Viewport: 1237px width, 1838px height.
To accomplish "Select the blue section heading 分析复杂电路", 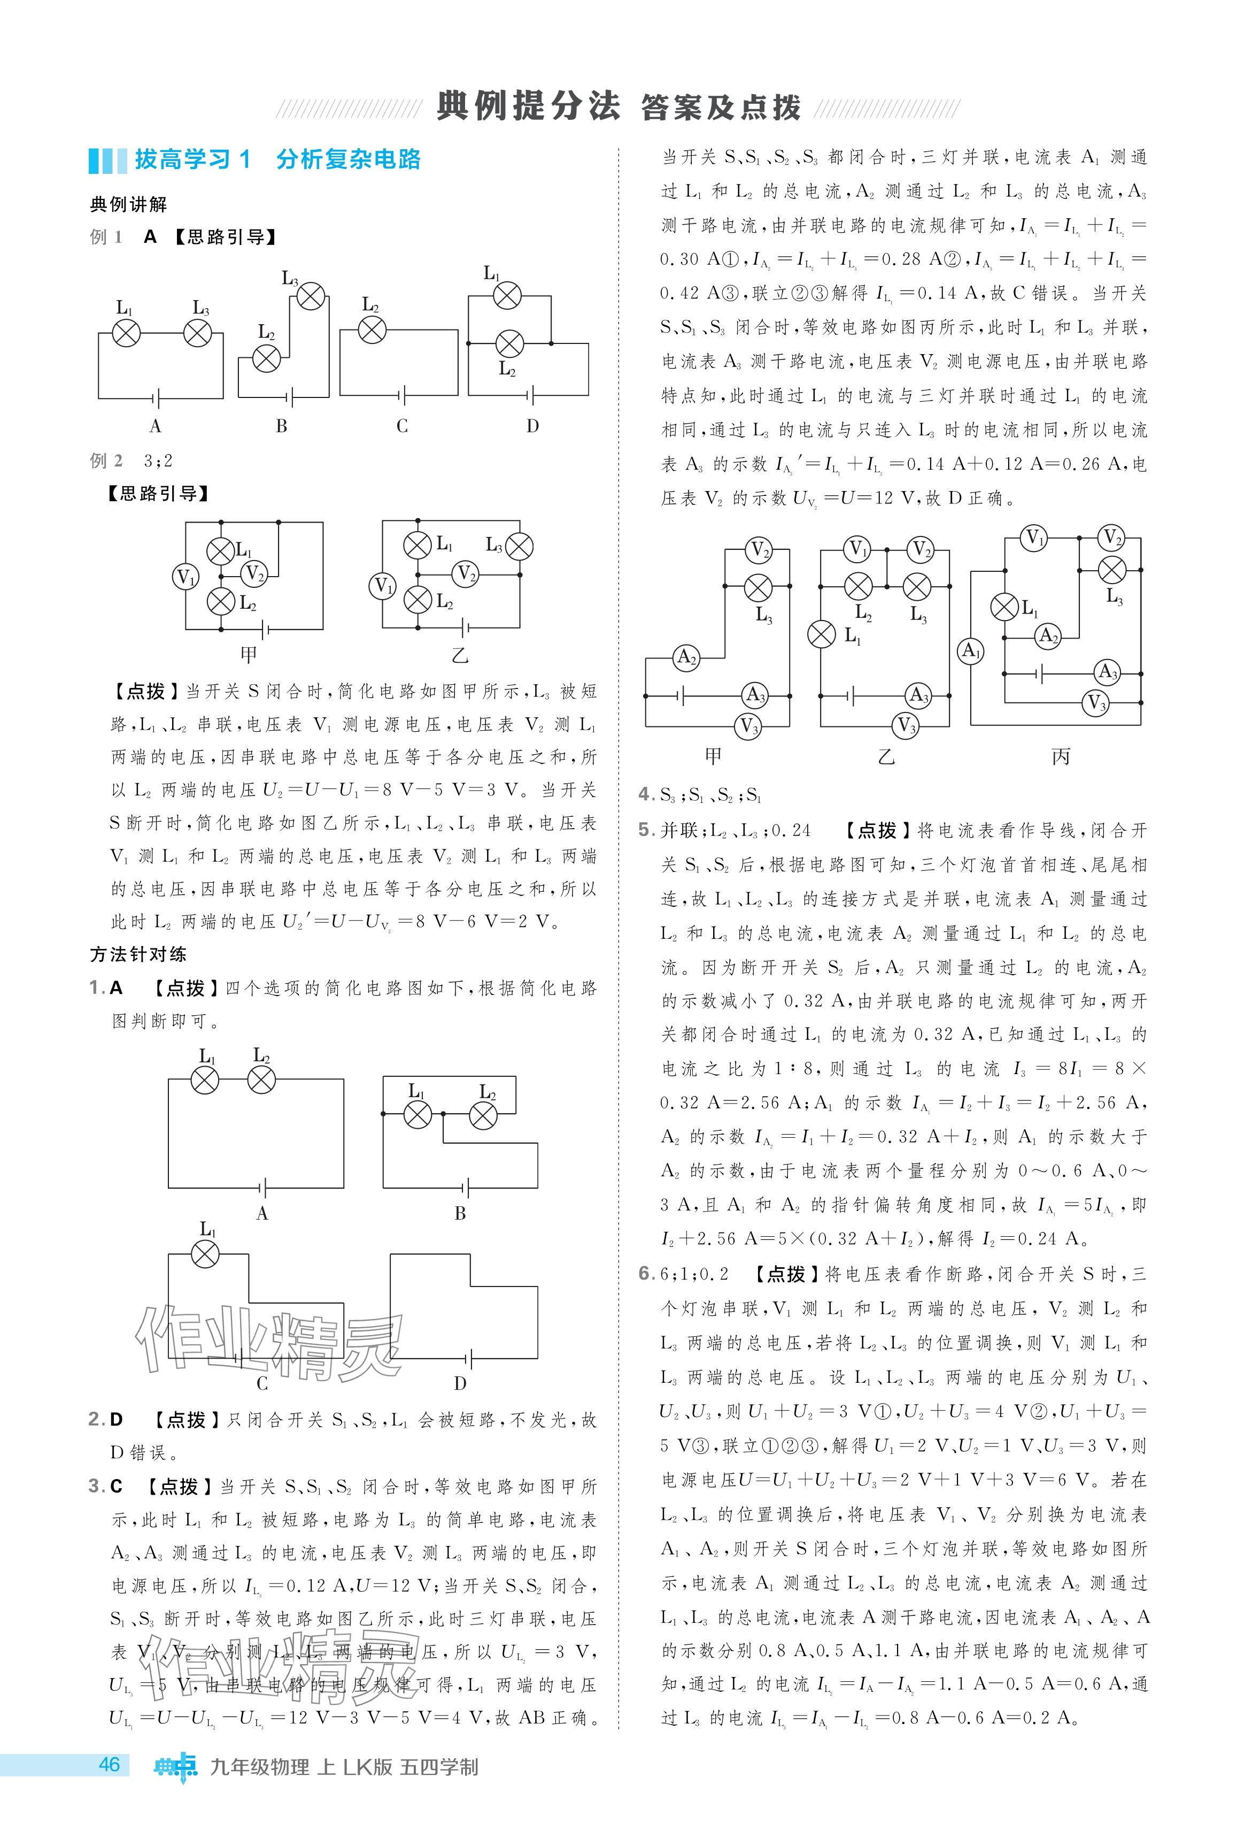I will [348, 159].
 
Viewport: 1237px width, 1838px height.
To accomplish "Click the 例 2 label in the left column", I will [106, 461].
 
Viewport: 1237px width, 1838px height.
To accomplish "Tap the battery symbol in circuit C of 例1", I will [403, 395].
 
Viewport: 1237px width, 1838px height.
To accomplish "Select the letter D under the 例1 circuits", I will [532, 426].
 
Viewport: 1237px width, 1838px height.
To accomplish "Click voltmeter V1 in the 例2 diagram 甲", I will [185, 577].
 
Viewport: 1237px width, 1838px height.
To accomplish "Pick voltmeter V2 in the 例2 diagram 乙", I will [466, 574].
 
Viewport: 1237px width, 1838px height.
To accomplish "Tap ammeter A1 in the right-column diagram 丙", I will [970, 650].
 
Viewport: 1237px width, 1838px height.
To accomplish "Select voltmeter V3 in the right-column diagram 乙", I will [907, 724].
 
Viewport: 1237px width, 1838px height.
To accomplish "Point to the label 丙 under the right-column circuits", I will [1061, 756].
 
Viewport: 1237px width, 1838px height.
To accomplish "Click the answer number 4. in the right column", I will [645, 795].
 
